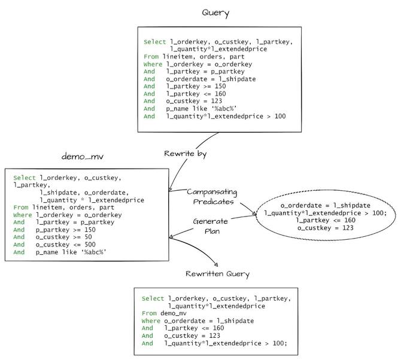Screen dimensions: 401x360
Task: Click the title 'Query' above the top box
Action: pos(215,13)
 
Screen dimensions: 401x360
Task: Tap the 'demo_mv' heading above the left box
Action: pos(83,156)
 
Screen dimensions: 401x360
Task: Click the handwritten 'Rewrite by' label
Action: pos(185,154)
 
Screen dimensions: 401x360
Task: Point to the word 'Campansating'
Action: pos(212,192)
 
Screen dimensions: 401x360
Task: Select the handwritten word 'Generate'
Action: pos(211,221)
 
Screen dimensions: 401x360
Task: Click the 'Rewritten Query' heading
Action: pos(217,274)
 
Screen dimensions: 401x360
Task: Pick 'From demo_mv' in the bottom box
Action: pos(164,313)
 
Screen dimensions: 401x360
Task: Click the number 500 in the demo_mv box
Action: pos(90,245)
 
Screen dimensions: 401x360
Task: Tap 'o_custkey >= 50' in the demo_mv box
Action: pos(63,237)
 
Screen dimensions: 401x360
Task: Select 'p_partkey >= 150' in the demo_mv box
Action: pos(66,230)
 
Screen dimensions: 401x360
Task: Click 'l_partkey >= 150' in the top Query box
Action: pos(196,86)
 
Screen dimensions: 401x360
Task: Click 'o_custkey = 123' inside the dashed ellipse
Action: pos(326,228)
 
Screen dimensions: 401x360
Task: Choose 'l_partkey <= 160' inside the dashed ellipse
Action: pos(326,220)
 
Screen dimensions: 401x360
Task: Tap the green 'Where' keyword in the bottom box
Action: pos(151,321)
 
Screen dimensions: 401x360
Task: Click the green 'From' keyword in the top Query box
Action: pos(151,56)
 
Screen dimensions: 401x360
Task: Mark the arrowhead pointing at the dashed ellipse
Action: pos(254,213)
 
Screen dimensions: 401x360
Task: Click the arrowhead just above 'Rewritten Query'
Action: pos(216,265)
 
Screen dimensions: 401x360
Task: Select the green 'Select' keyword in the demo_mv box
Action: pos(25,178)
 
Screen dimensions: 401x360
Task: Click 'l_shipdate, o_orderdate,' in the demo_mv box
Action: pos(84,193)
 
